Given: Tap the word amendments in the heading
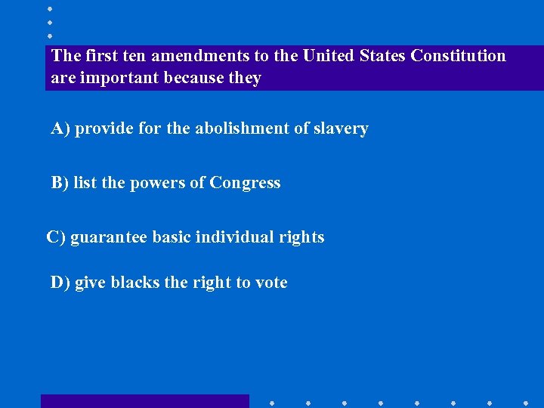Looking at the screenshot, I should [190, 56].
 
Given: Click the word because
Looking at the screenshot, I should [194, 79].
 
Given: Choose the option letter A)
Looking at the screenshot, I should [60, 129].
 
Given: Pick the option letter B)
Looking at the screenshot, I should [60, 184].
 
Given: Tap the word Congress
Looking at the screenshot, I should [245, 184].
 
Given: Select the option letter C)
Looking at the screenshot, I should [56, 237].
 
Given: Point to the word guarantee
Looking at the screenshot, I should [110, 238].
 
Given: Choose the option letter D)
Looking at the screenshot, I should [60, 283].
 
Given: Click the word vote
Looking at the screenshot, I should [271, 283].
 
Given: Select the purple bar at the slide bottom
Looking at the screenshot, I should [144, 401].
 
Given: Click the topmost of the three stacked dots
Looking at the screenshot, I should [50, 8].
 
